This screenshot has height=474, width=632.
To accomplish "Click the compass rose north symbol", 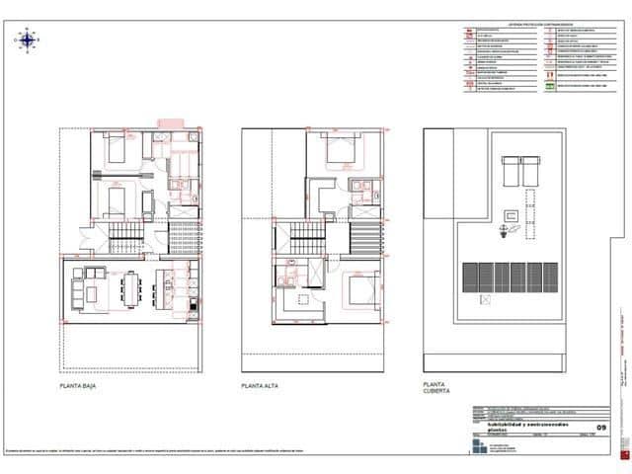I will [28, 39].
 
